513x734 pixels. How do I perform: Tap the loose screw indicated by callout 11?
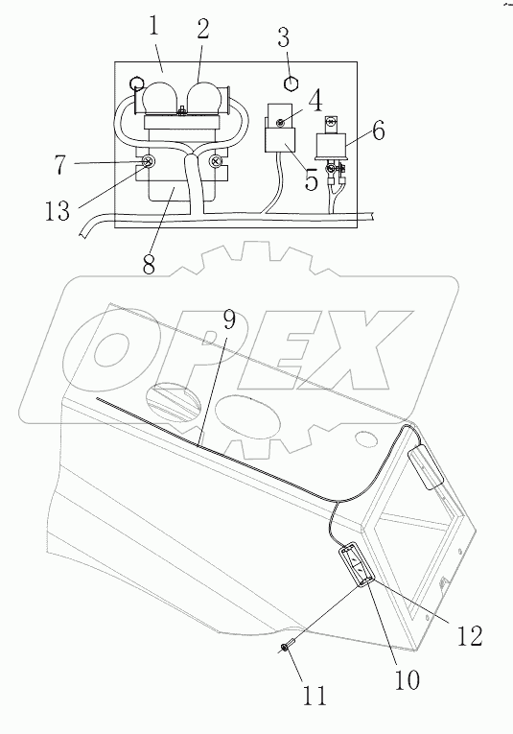click(285, 650)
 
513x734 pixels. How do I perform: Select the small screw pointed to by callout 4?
click(280, 122)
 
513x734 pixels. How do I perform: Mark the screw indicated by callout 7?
click(149, 163)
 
